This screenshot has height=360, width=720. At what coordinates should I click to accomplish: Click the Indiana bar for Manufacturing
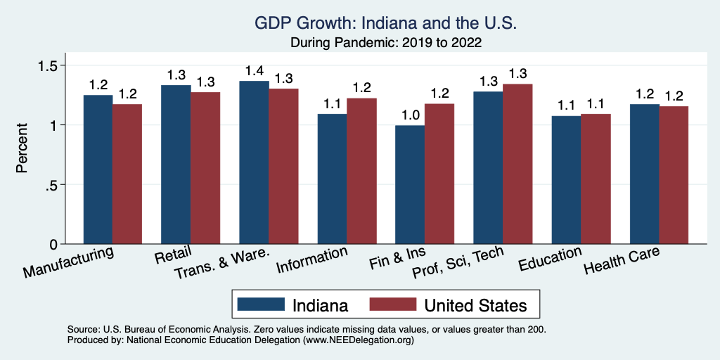pos(98,169)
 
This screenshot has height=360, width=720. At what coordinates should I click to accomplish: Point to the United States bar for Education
pos(596,179)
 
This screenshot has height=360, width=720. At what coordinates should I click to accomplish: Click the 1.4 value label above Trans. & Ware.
pos(254,71)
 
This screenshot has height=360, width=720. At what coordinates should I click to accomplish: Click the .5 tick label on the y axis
pos(52,185)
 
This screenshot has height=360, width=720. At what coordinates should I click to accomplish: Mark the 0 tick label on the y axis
pos(54,244)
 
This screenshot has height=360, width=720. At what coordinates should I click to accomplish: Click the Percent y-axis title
pos(22,148)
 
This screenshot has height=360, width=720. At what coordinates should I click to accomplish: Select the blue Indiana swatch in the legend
pos(261,304)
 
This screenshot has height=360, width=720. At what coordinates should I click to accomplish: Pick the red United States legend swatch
pos(393,304)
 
